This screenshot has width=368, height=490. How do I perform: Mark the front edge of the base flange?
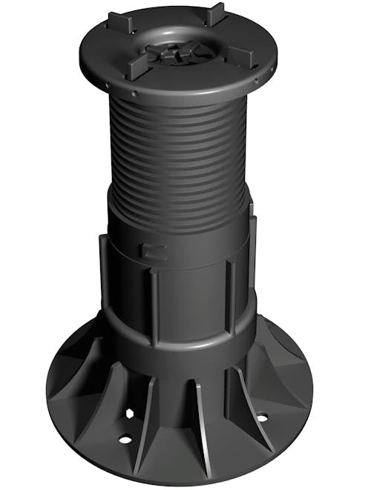point(185,474)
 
